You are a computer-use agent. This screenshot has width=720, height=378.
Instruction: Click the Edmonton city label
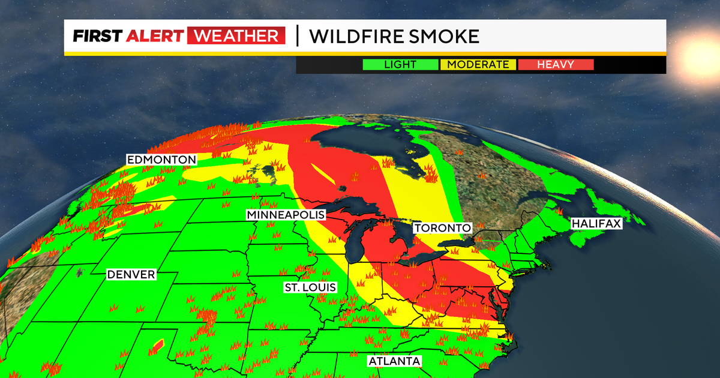161,160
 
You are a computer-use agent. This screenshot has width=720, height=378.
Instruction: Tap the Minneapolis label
286,215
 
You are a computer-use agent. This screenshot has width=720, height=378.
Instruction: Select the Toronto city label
442,228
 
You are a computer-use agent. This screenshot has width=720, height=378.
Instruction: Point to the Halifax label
596,223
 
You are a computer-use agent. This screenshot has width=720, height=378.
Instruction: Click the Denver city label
131,274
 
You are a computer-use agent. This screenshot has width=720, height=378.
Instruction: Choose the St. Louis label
310,288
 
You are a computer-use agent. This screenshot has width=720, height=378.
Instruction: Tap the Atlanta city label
394,361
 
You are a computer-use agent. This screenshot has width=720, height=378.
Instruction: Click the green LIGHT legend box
400,65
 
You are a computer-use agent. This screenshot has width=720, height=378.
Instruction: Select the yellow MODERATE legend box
478,65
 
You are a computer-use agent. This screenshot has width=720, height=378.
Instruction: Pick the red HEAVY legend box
556,65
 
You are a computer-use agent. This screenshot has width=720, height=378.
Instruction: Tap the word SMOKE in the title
444,37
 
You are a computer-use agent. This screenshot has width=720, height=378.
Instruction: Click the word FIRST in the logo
97,37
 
